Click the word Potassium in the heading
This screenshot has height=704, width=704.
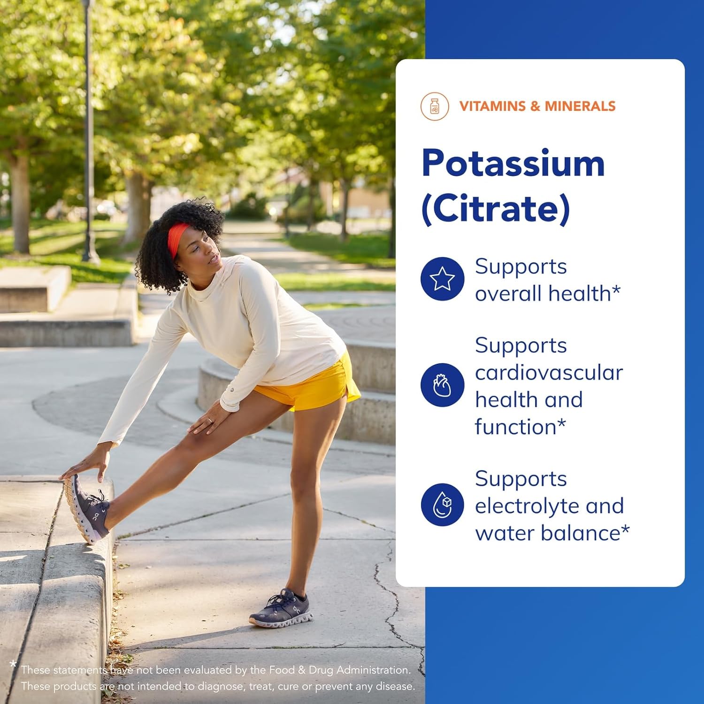pyautogui.click(x=513, y=164)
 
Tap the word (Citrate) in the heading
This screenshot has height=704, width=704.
pyautogui.click(x=495, y=209)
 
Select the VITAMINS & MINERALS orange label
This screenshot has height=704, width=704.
pyautogui.click(x=537, y=106)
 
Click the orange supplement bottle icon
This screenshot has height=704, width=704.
pyautogui.click(x=435, y=107)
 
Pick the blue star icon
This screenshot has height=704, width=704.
pyautogui.click(x=442, y=279)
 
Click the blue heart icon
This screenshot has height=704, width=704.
pyautogui.click(x=442, y=385)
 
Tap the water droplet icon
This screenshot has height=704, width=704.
pyautogui.click(x=442, y=505)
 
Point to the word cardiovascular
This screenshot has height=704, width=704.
pyautogui.click(x=548, y=373)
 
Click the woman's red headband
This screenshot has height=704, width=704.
pyautogui.click(x=177, y=237)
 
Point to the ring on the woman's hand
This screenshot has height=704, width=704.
pyautogui.click(x=210, y=421)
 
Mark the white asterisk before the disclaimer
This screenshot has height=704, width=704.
pyautogui.click(x=13, y=665)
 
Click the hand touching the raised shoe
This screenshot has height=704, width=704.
pyautogui.click(x=84, y=467)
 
